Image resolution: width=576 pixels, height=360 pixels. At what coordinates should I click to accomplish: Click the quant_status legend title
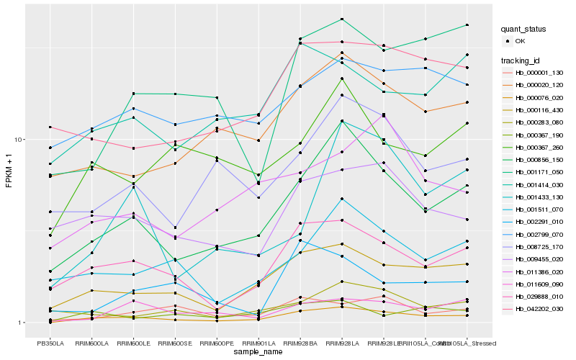click(x=524, y=30)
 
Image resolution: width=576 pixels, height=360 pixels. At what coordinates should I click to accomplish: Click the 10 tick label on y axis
click(x=19, y=139)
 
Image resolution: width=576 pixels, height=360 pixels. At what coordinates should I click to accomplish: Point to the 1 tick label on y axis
click(x=21, y=323)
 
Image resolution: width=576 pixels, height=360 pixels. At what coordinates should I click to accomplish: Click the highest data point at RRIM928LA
click(x=342, y=19)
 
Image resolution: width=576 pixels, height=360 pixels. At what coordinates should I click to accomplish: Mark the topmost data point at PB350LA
click(x=50, y=127)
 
